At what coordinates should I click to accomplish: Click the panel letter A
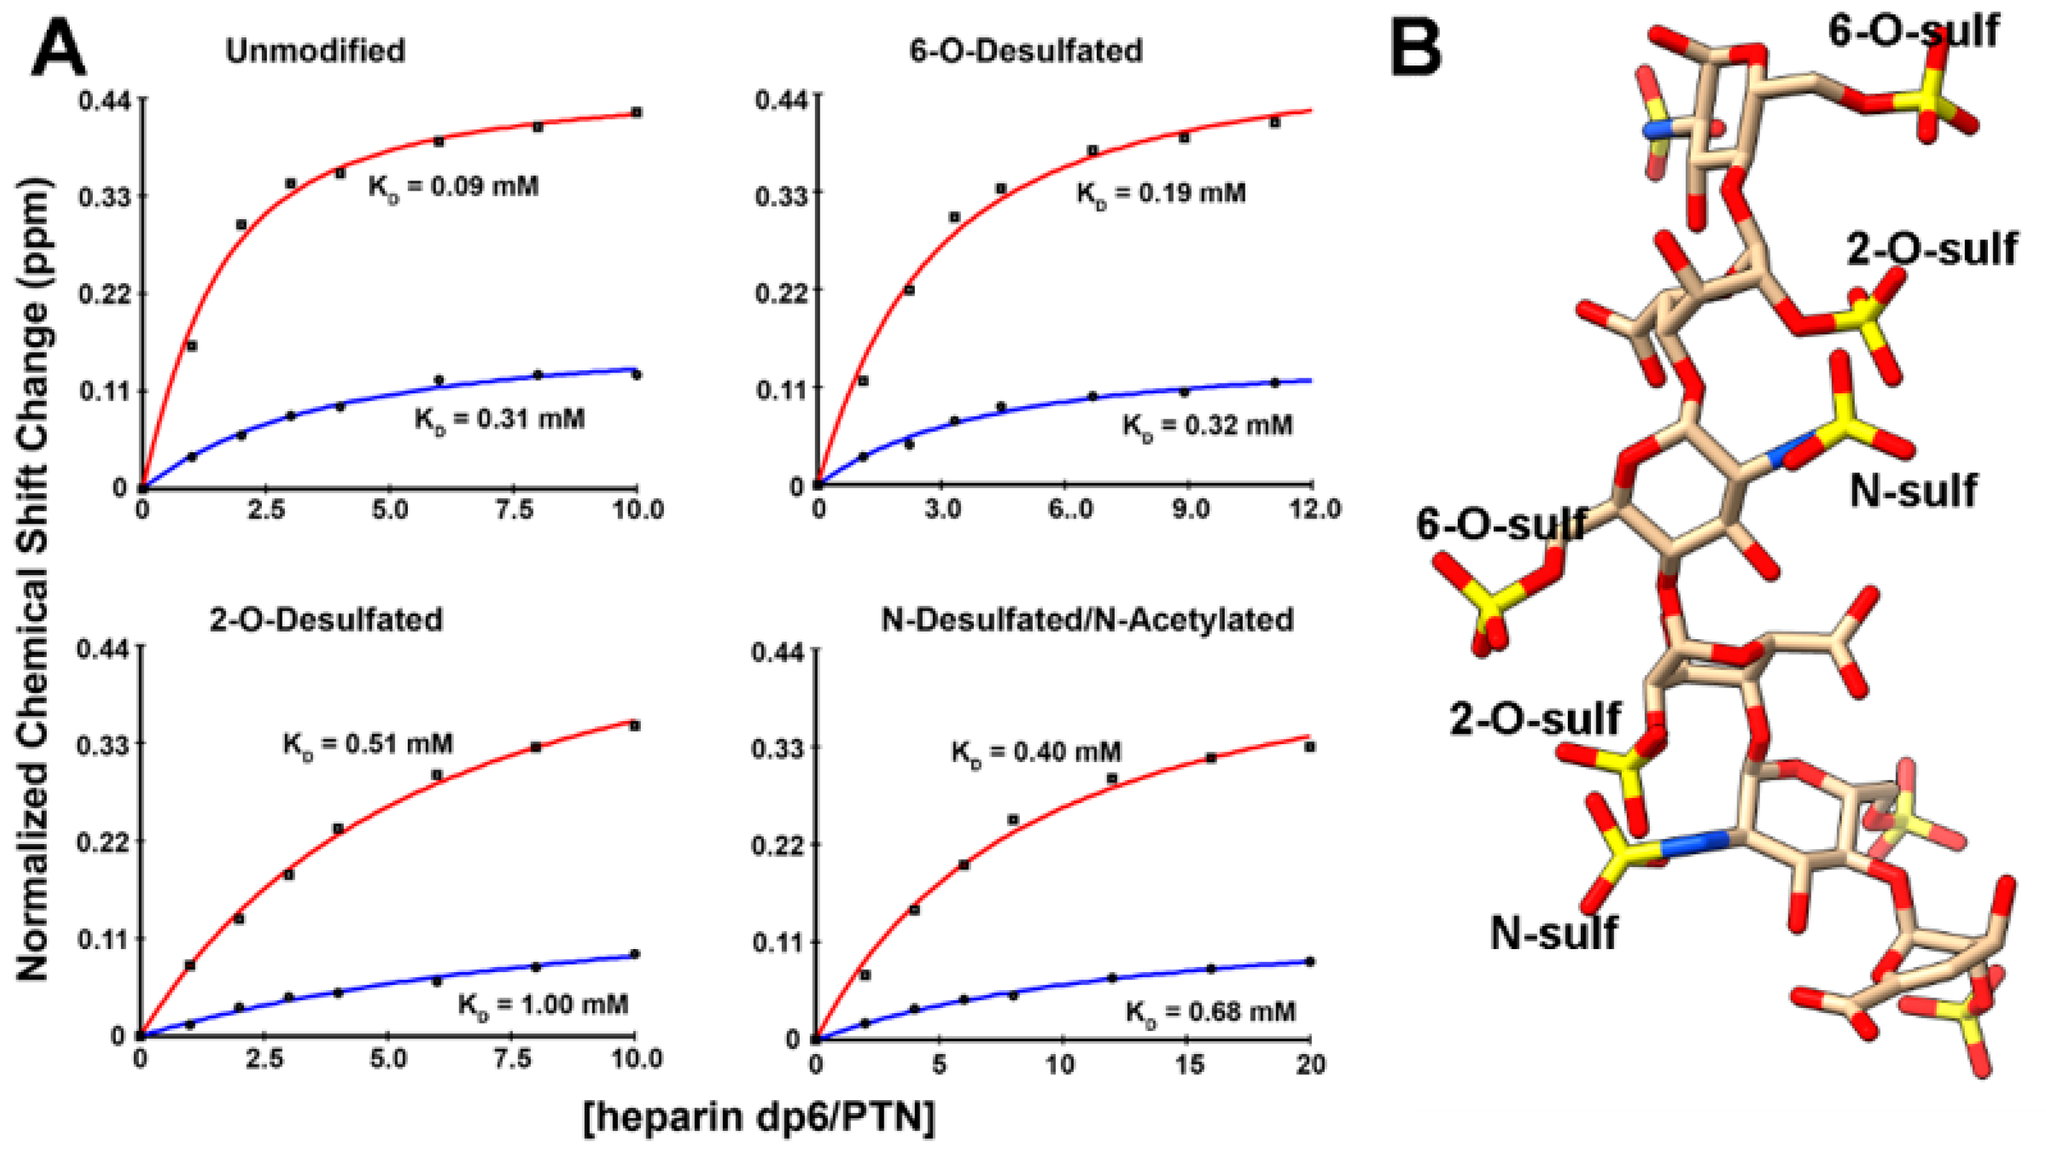pyautogui.click(x=58, y=49)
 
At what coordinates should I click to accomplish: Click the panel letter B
pyautogui.click(x=1416, y=49)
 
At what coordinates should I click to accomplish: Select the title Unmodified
pyautogui.click(x=315, y=51)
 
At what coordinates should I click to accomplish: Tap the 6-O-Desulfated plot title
pyautogui.click(x=1026, y=51)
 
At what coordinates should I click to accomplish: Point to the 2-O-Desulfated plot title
pyautogui.click(x=326, y=618)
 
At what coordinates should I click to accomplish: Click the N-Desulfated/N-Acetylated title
pyautogui.click(x=1087, y=618)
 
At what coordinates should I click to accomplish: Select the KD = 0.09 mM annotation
pyautogui.click(x=454, y=187)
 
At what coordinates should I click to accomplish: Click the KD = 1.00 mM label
pyautogui.click(x=543, y=1004)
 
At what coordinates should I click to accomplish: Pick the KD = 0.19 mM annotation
pyautogui.click(x=1161, y=193)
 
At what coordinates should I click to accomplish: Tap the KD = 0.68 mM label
pyautogui.click(x=1210, y=1012)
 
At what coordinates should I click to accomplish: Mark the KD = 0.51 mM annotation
pyautogui.click(x=368, y=744)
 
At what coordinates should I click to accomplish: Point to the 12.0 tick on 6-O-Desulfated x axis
pyautogui.click(x=1311, y=509)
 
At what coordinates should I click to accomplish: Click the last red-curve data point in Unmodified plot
pyautogui.click(x=636, y=112)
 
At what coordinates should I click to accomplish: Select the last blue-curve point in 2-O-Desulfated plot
pyautogui.click(x=634, y=954)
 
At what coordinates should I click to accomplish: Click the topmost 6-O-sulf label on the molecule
pyautogui.click(x=1912, y=32)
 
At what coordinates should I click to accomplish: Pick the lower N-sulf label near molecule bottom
pyautogui.click(x=1553, y=933)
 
